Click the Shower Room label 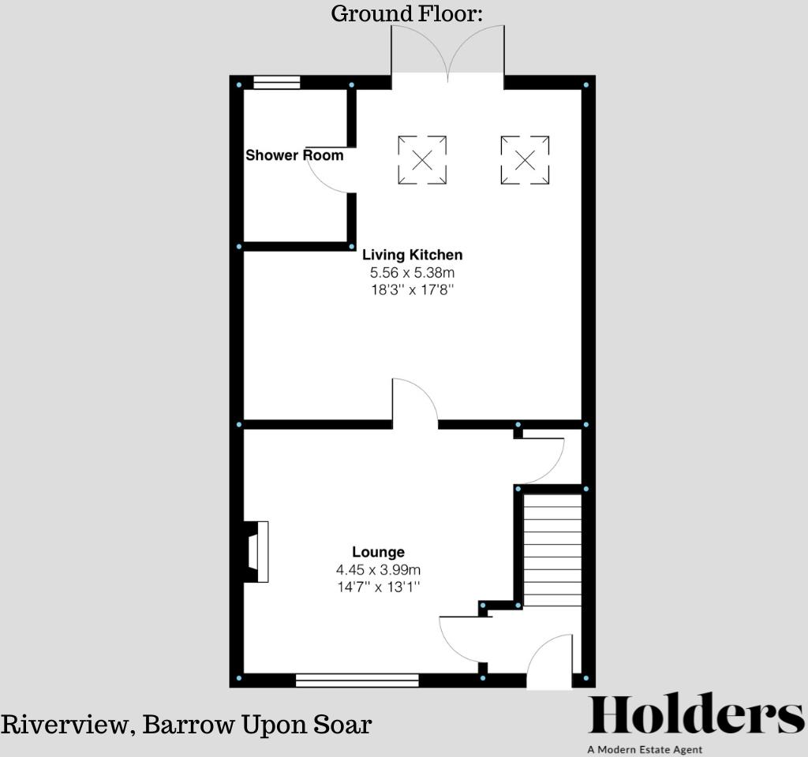pos(294,155)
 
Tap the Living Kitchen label pos(412,255)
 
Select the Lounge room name pos(378,552)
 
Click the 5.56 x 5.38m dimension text pos(412,273)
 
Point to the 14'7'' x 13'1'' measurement pos(378,587)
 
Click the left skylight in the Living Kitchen pos(422,160)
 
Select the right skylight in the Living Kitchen pos(525,160)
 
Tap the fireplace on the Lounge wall pos(256,552)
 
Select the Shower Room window pos(277,82)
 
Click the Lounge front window pos(357,680)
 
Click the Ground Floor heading pos(406,13)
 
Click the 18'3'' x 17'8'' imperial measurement pos(412,290)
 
